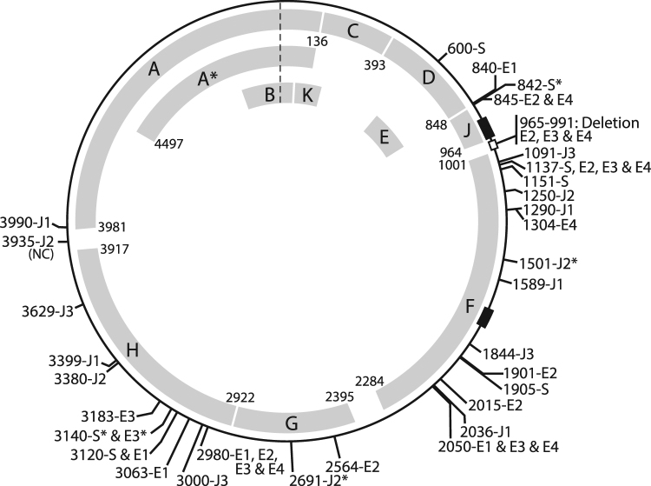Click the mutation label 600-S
coord(469,51)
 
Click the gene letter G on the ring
coord(292,423)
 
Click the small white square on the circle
coord(493,145)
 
